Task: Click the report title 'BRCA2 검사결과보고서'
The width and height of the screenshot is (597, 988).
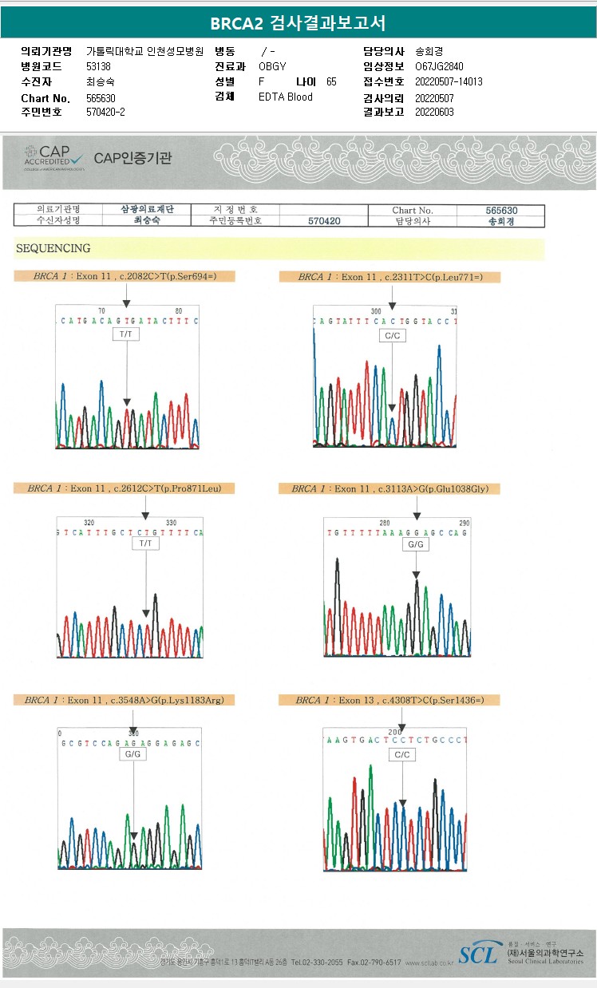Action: pos(298,23)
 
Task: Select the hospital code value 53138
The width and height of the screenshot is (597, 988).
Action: pos(98,66)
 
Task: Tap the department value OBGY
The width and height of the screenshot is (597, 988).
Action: pos(272,66)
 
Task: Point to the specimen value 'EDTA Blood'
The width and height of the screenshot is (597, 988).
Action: pos(286,97)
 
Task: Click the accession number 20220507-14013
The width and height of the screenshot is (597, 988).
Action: pos(449,81)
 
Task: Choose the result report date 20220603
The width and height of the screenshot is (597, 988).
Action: pos(434,112)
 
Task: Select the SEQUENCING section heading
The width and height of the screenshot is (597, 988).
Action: pos(53,248)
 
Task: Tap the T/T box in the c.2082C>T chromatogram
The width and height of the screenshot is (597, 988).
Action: pos(126,334)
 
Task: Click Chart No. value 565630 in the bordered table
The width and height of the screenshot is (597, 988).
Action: pos(501,211)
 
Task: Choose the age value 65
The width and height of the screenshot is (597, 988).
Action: pos(331,81)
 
